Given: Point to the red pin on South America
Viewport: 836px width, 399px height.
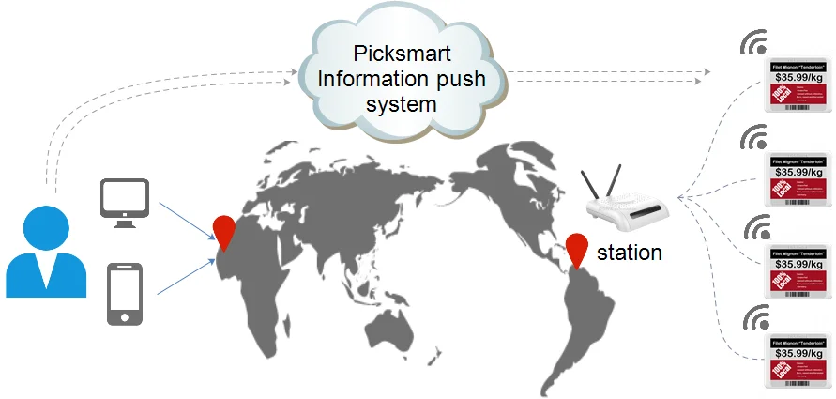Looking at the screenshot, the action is point(578,249).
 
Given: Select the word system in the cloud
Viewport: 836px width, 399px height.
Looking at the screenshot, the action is point(401,103).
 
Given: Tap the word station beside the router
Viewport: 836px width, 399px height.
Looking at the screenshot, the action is point(630,252).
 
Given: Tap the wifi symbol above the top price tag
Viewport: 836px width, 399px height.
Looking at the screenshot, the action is point(754,45).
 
